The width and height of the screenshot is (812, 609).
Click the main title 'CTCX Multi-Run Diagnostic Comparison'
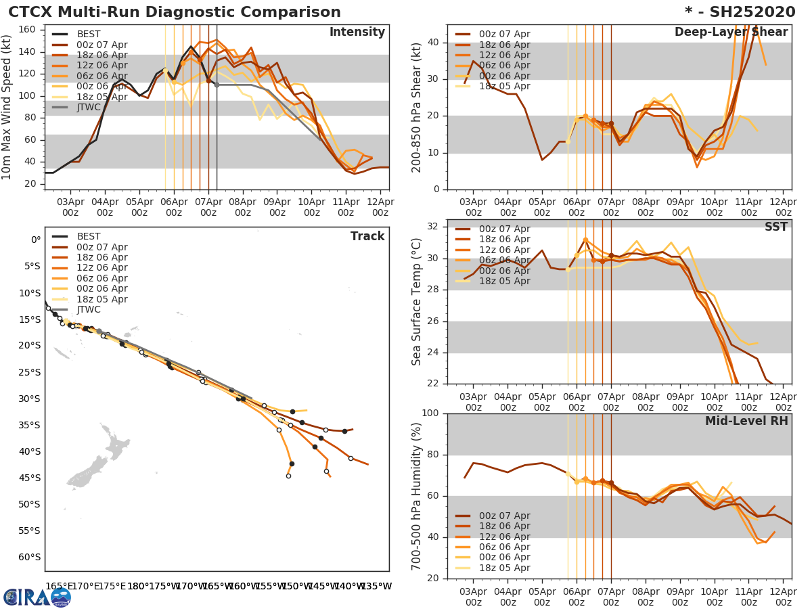175,12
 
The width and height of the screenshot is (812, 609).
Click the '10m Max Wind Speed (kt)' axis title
7,108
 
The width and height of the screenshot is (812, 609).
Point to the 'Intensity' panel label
357,32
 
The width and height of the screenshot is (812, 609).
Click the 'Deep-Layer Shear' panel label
731,32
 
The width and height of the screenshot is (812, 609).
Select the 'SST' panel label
776,227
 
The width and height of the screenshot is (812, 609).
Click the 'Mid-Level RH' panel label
746,422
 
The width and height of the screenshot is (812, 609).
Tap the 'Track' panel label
367,236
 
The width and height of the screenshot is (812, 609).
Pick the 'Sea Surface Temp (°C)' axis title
418,301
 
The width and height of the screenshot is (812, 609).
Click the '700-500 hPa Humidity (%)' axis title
418,496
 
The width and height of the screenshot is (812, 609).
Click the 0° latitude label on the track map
35,240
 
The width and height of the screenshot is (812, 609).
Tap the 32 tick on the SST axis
433,227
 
